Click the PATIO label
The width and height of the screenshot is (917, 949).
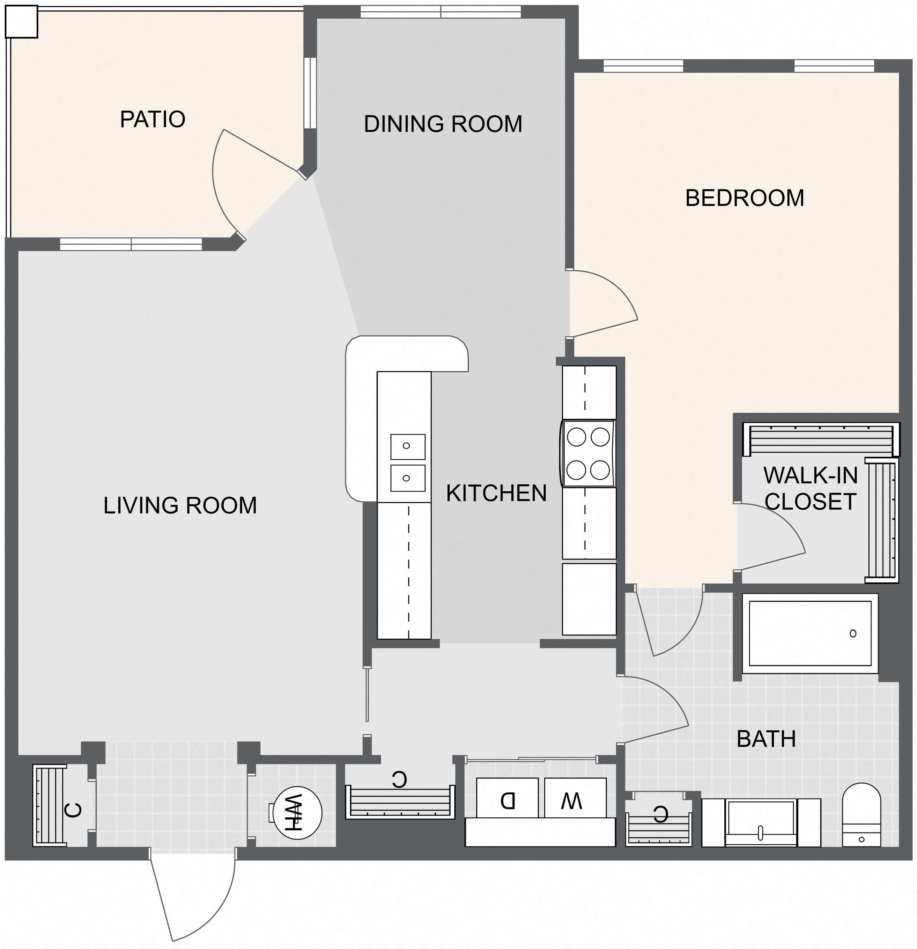tap(153, 120)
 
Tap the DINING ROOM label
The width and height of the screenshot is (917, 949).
tap(443, 124)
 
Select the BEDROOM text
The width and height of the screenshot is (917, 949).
tap(745, 198)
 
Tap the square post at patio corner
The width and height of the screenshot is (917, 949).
tap(21, 22)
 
